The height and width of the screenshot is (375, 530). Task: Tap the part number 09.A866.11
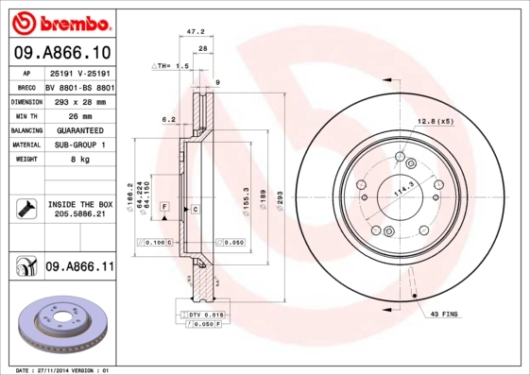(79, 268)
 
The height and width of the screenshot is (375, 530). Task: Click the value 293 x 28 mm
(79, 101)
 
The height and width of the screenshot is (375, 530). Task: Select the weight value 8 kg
(79, 160)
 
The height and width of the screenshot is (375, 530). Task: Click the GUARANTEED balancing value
(79, 130)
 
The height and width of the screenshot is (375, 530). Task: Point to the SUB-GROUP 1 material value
(79, 145)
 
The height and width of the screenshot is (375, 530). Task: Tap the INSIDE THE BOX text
(79, 204)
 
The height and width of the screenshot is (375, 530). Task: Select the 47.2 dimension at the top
(197, 31)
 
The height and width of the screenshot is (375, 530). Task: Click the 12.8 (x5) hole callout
(435, 121)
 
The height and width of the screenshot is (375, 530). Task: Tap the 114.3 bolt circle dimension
(404, 188)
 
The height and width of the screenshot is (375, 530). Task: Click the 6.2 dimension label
(169, 119)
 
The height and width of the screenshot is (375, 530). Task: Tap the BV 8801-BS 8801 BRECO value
(79, 86)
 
